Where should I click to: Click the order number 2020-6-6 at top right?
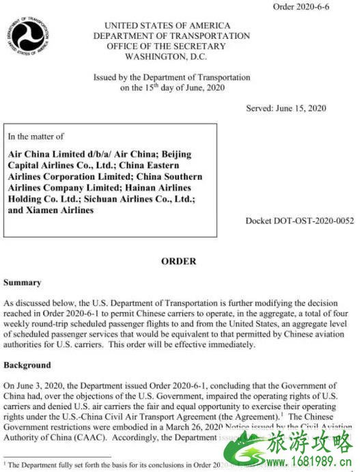301,7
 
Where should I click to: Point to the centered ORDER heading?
178,262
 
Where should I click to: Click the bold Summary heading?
23,282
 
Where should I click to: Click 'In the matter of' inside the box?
36,137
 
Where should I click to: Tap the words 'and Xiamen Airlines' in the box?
51,210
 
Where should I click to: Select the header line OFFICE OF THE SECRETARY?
171,46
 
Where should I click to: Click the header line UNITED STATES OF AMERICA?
171,25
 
